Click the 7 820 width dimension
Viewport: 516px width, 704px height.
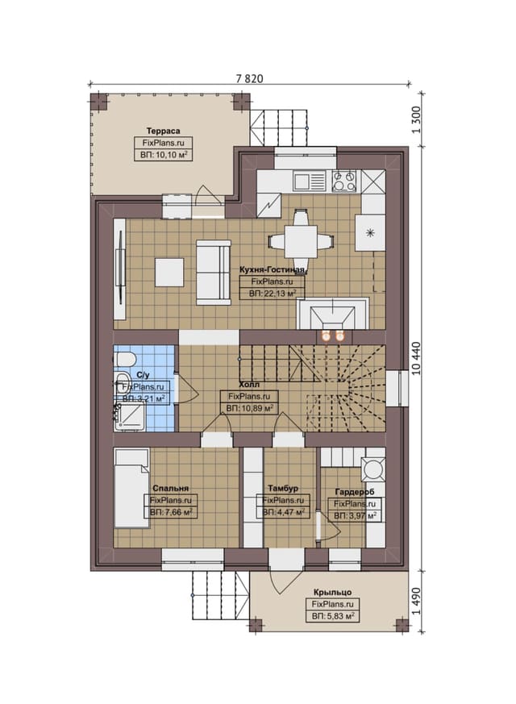pos(249,78)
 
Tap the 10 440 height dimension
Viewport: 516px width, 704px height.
pos(415,358)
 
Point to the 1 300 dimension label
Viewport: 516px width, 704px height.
pos(415,119)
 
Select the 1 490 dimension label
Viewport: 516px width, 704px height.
pos(415,601)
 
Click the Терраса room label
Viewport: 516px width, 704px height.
pos(164,131)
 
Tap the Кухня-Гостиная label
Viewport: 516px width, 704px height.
pos(273,270)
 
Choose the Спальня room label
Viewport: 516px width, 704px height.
pos(170,489)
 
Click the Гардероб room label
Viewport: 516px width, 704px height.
pos(355,493)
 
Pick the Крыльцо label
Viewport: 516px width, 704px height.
pos(332,592)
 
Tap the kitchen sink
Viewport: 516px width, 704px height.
pos(309,181)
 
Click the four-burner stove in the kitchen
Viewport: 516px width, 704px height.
pos(344,181)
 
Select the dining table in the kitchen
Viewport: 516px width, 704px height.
pos(301,241)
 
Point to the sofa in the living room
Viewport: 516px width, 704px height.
pos(213,273)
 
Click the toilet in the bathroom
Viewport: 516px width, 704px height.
pos(124,360)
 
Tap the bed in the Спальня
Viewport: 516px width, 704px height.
pos(131,488)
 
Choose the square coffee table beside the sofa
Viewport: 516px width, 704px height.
pos(169,272)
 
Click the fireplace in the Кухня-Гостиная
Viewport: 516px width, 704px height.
pos(332,315)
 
